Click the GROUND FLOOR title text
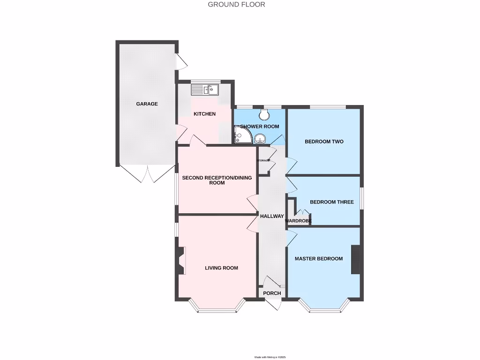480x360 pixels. [236, 5]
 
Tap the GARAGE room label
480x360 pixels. [147, 104]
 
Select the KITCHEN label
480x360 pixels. [205, 114]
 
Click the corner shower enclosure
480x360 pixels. [242, 136]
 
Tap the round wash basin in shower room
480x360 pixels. [260, 138]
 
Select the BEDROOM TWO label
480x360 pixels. [324, 142]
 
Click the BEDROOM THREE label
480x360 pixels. [331, 202]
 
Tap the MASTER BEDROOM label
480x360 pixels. [318, 259]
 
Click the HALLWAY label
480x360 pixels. [272, 216]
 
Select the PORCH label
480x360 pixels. [272, 293]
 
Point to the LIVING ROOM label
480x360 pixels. [221, 268]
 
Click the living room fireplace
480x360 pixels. [181, 261]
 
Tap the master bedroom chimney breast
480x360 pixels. [355, 259]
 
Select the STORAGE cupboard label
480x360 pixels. [263, 161]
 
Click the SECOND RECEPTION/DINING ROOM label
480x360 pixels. [217, 180]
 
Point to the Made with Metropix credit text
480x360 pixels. [270, 357]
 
